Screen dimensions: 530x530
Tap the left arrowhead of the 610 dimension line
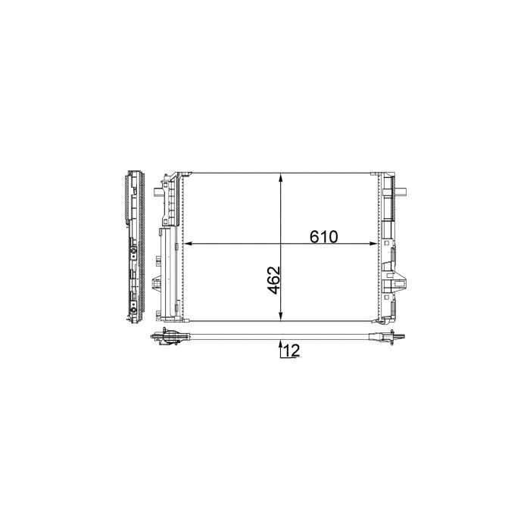pos(190,244)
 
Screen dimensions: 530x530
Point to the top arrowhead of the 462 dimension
pos(282,179)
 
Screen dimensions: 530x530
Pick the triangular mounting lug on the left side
pos(155,284)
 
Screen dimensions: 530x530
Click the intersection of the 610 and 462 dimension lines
pos(282,244)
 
